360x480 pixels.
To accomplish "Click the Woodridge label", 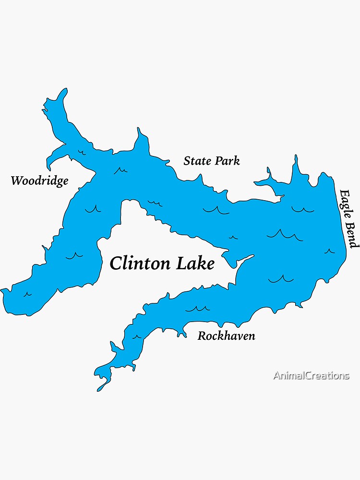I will pos(39,181).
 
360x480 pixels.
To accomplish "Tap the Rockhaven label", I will pos(226,336).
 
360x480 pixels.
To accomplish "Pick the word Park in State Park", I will pos(227,161).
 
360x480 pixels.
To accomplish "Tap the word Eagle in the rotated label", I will pos(347,204).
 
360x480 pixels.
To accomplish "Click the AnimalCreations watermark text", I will pos(311,375).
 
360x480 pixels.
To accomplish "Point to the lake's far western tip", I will pos(2,290).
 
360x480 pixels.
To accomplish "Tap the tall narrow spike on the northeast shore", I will pos(296,157).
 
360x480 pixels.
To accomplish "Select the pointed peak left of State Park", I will pos(139,130).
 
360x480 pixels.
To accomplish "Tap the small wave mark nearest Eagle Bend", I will pos(329,251).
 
